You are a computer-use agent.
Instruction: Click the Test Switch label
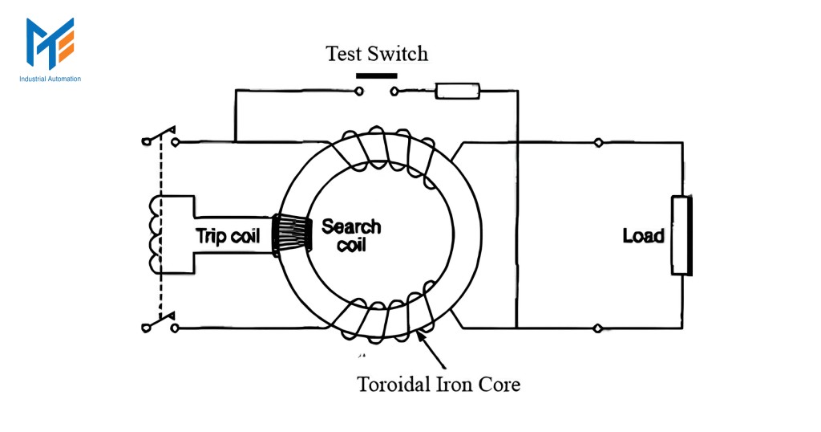point(377,54)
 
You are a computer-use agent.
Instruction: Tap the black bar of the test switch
point(377,76)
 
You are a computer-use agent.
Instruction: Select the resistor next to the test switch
point(458,92)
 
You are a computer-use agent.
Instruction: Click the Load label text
point(644,235)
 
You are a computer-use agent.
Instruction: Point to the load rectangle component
point(681,235)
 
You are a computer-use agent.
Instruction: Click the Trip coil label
point(228,235)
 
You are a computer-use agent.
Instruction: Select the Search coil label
point(351,235)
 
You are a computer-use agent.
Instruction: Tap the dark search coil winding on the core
point(292,235)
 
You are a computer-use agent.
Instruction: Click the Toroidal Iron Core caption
point(439,385)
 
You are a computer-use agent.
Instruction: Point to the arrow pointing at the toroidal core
point(431,350)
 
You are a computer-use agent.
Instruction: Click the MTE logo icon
point(51,43)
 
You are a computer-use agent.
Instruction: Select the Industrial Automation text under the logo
point(51,79)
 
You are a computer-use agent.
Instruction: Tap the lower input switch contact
point(160,323)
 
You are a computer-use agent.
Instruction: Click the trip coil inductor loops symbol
point(156,235)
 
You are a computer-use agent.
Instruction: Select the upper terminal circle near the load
point(598,142)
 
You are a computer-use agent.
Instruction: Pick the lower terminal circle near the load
point(597,328)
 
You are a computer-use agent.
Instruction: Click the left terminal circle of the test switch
point(359,92)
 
